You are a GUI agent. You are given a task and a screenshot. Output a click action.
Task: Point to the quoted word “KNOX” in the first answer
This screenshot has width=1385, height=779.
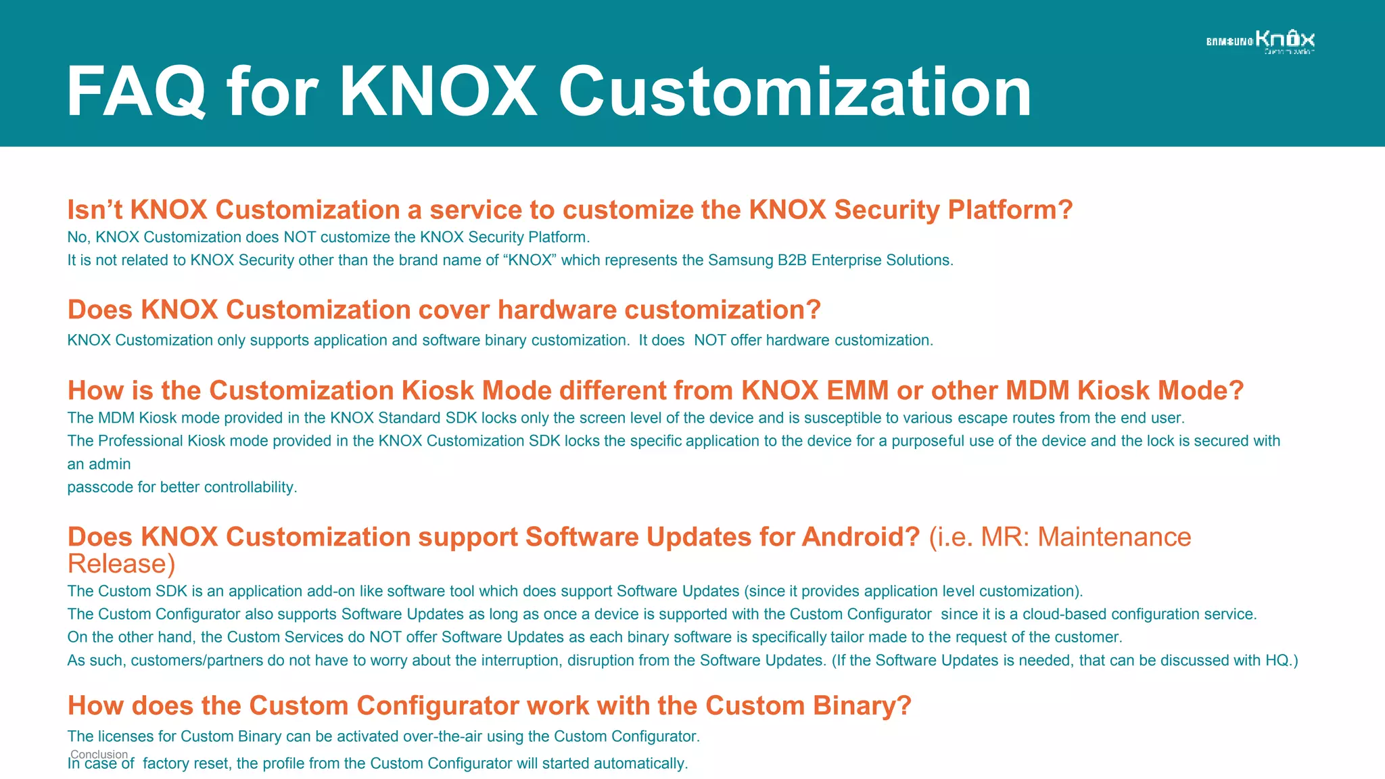[x=530, y=260]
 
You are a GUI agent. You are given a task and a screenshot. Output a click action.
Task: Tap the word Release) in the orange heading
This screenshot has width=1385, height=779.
[x=122, y=564]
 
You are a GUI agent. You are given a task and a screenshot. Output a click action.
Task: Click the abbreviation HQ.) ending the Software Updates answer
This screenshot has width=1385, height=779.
[x=1282, y=660]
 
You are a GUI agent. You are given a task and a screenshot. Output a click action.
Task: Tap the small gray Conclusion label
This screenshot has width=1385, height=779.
[x=99, y=754]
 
